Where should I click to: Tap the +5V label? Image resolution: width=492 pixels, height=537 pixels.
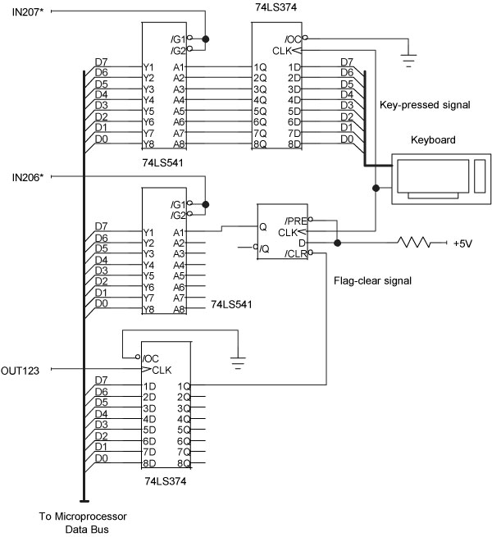(x=464, y=243)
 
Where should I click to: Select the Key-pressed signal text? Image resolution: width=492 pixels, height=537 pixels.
(x=424, y=105)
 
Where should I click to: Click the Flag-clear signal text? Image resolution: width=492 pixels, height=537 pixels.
(x=372, y=280)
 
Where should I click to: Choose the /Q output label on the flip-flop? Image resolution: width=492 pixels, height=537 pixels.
(x=264, y=248)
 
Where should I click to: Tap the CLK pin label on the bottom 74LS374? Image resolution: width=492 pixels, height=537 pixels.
(x=162, y=370)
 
